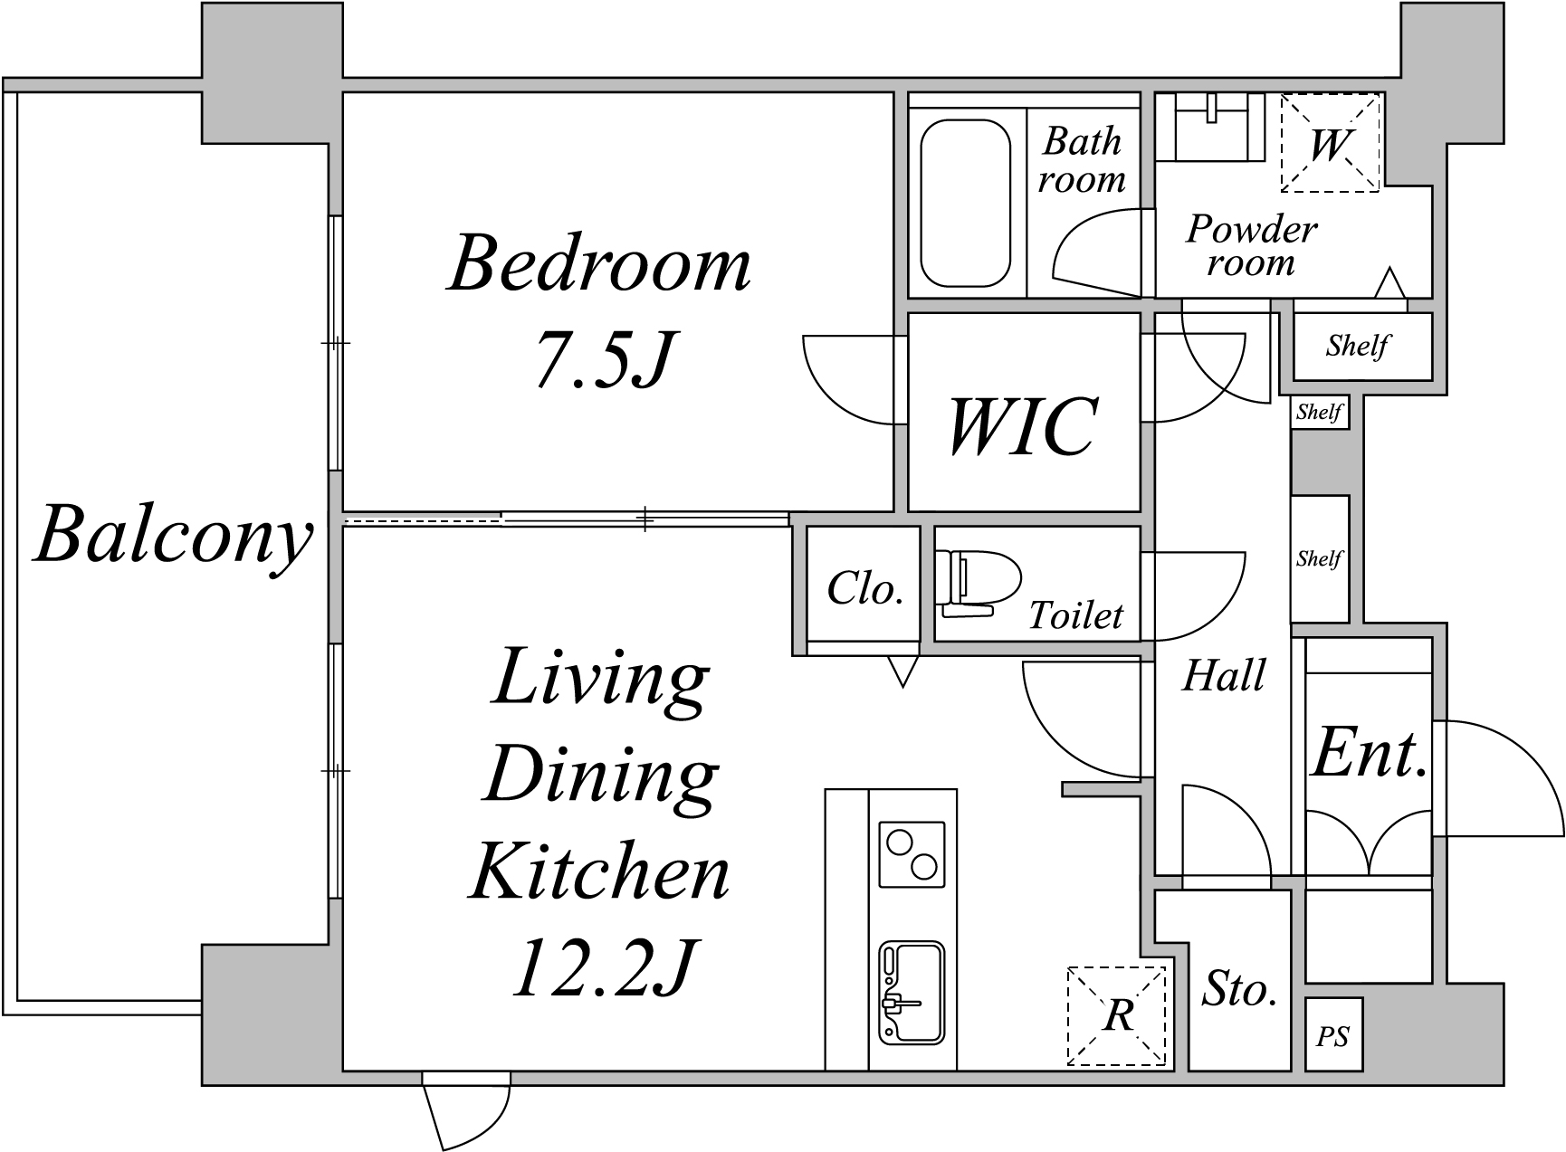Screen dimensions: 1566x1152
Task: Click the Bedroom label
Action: [x=600, y=264]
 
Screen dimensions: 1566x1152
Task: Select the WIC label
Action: [x=1023, y=425]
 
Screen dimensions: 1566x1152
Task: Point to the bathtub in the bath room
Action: [x=965, y=204]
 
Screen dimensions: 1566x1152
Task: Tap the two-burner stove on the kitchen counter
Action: [x=912, y=854]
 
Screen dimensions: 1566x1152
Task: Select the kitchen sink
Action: [x=912, y=994]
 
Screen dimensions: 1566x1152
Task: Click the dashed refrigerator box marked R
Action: [x=1118, y=1016]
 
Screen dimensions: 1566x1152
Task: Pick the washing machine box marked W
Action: [x=1330, y=143]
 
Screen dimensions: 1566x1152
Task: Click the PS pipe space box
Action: [x=1333, y=1035]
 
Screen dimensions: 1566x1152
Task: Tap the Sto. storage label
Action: [x=1239, y=990]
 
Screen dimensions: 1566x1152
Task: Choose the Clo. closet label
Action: [x=865, y=589]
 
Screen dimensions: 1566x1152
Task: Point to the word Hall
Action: [x=1224, y=676]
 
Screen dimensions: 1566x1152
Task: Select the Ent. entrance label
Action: [x=1369, y=753]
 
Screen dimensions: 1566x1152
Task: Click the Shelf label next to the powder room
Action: [x=1358, y=346]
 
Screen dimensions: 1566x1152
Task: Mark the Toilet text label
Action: [x=1075, y=616]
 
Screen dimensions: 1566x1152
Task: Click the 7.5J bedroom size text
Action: [x=605, y=359]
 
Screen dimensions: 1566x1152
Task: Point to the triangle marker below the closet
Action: [x=902, y=671]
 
